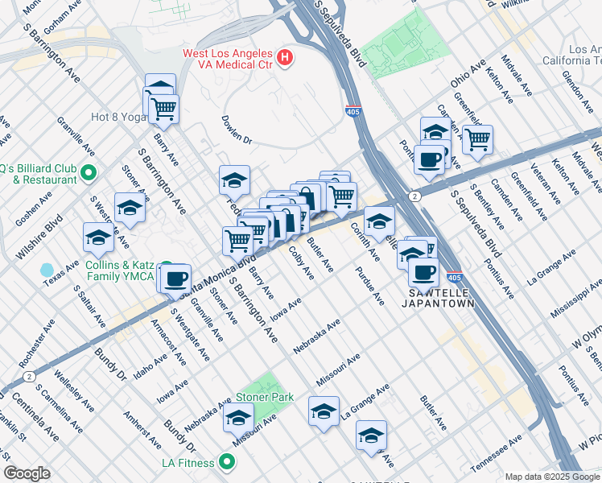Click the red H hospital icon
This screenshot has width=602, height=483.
click(x=284, y=57)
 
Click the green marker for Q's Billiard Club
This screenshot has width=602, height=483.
click(x=89, y=171)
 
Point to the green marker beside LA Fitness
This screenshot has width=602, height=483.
click(x=226, y=462)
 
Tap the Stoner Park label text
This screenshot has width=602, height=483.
click(x=264, y=398)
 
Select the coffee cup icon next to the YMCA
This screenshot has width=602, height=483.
click(x=175, y=279)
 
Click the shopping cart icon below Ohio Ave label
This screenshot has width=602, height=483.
click(x=477, y=139)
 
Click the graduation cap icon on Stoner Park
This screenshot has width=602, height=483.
click(x=238, y=417)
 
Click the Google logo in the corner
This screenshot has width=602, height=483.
click(x=27, y=473)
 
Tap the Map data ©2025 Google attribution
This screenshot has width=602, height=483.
click(x=552, y=477)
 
